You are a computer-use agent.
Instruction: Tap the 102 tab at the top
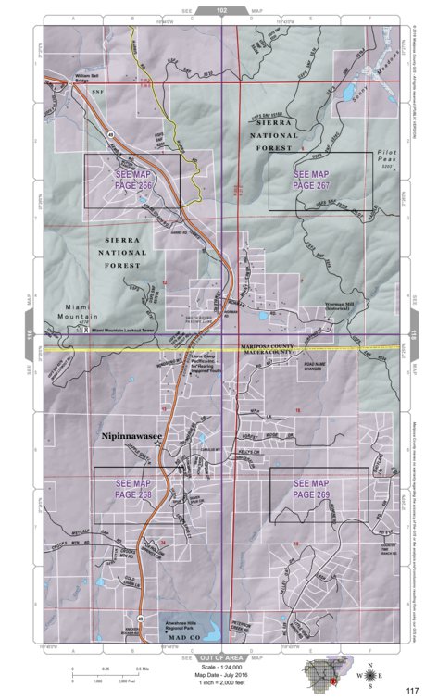click(221, 10)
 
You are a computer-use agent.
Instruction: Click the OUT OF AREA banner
click(221, 656)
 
